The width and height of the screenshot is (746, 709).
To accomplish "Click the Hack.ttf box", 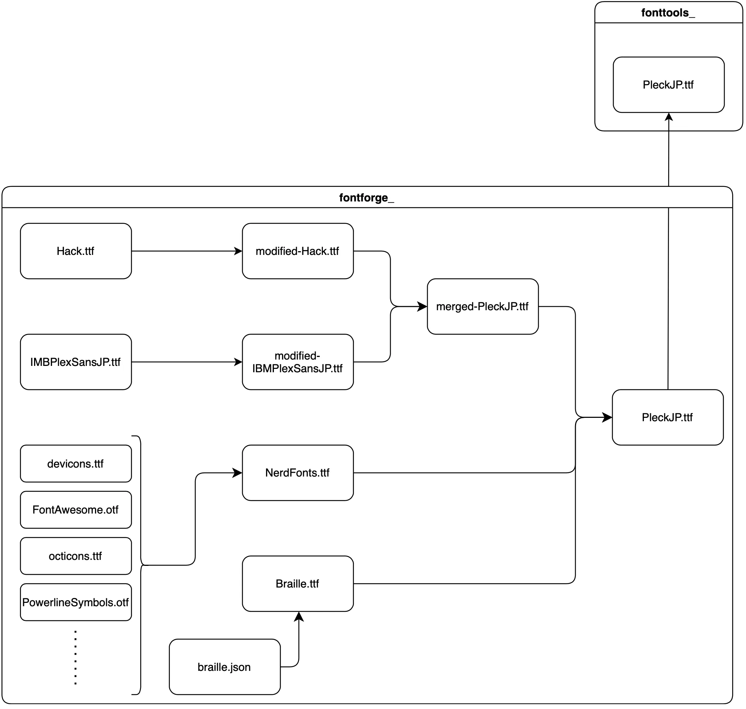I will point(76,251).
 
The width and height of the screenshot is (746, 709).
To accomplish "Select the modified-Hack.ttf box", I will point(298,251).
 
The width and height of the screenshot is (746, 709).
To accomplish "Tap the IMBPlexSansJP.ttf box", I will point(76,362).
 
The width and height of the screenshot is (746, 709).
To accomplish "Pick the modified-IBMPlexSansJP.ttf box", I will point(298,362).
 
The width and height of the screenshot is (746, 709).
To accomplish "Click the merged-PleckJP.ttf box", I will point(482,306).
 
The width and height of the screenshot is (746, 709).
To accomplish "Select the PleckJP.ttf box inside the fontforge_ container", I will point(667,417).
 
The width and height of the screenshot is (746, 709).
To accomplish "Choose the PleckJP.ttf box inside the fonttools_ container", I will point(668,85).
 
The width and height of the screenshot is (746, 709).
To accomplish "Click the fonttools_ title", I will point(668,13).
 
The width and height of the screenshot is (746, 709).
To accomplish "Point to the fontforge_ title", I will point(366,197).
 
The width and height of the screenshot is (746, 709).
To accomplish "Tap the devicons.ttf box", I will point(76,463).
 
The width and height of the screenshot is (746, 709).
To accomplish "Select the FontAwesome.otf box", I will point(76,509).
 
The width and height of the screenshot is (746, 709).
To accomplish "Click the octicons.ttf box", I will point(76,556).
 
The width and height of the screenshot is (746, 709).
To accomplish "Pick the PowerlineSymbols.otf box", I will point(76,602).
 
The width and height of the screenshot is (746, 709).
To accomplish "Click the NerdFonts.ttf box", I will point(298,472).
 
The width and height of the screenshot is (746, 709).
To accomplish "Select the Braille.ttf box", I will point(298,583).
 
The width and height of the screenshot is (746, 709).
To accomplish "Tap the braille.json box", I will point(224,667).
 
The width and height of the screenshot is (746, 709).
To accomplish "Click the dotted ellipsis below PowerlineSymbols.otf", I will point(76,658).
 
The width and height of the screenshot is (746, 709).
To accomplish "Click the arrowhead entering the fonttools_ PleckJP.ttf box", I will point(669,117).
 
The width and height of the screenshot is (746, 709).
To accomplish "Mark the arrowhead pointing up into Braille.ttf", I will point(299,616).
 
